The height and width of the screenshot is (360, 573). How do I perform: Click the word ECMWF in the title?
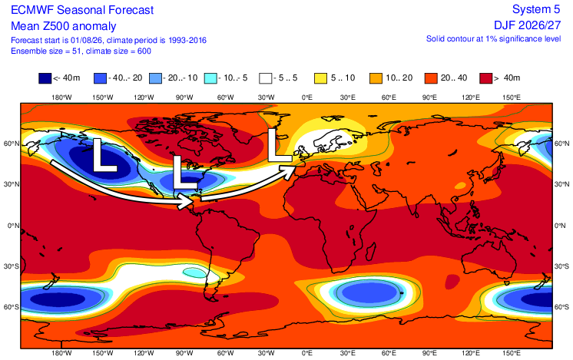point(32,10)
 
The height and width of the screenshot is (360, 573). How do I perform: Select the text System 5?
point(536,9)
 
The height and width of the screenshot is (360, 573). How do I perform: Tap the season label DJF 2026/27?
point(528,25)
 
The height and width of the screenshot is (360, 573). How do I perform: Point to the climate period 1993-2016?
point(187,40)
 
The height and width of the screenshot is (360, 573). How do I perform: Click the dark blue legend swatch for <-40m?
point(45,78)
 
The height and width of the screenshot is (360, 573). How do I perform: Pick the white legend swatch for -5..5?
point(266,78)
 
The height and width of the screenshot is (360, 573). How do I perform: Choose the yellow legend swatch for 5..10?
point(320,78)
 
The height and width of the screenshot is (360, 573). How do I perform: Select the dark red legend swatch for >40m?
point(486,78)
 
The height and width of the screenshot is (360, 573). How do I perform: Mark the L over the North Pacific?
point(104,155)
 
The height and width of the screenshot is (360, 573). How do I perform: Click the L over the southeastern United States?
point(184,173)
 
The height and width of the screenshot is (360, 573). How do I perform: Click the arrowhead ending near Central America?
point(185,201)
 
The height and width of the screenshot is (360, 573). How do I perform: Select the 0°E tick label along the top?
point(307,97)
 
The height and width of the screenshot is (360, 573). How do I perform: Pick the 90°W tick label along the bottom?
point(184,352)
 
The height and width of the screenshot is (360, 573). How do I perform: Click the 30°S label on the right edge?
point(561,266)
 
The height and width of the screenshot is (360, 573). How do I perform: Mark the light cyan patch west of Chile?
point(195,272)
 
